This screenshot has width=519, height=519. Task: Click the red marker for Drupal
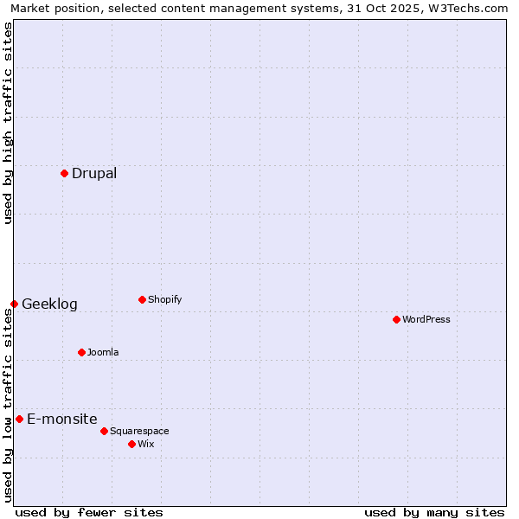pos(64,173)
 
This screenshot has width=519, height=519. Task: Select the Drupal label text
pos(94,173)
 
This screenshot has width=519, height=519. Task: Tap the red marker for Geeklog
pos(14,304)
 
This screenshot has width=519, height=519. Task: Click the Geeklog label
pos(49,304)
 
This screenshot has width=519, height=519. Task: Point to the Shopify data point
pos(142,299)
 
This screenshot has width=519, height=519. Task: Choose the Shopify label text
pos(164,299)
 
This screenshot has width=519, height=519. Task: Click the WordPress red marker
pos(396,319)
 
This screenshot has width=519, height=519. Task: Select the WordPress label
pos(426,319)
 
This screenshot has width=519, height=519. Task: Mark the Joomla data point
pos(81,352)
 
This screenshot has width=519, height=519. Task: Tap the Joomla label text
pos(103,352)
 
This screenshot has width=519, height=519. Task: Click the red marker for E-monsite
pos(19,419)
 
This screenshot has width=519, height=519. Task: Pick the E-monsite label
pos(62,419)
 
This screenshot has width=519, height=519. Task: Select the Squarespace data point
pos(104,431)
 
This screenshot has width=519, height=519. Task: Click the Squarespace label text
pos(139,431)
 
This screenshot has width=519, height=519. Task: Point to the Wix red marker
pos(131,444)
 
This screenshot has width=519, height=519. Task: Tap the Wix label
pos(146,444)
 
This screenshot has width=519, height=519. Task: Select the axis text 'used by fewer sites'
pos(89,512)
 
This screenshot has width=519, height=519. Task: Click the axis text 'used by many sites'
pos(434,512)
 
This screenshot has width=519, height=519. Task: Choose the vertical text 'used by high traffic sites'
pos(8,123)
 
